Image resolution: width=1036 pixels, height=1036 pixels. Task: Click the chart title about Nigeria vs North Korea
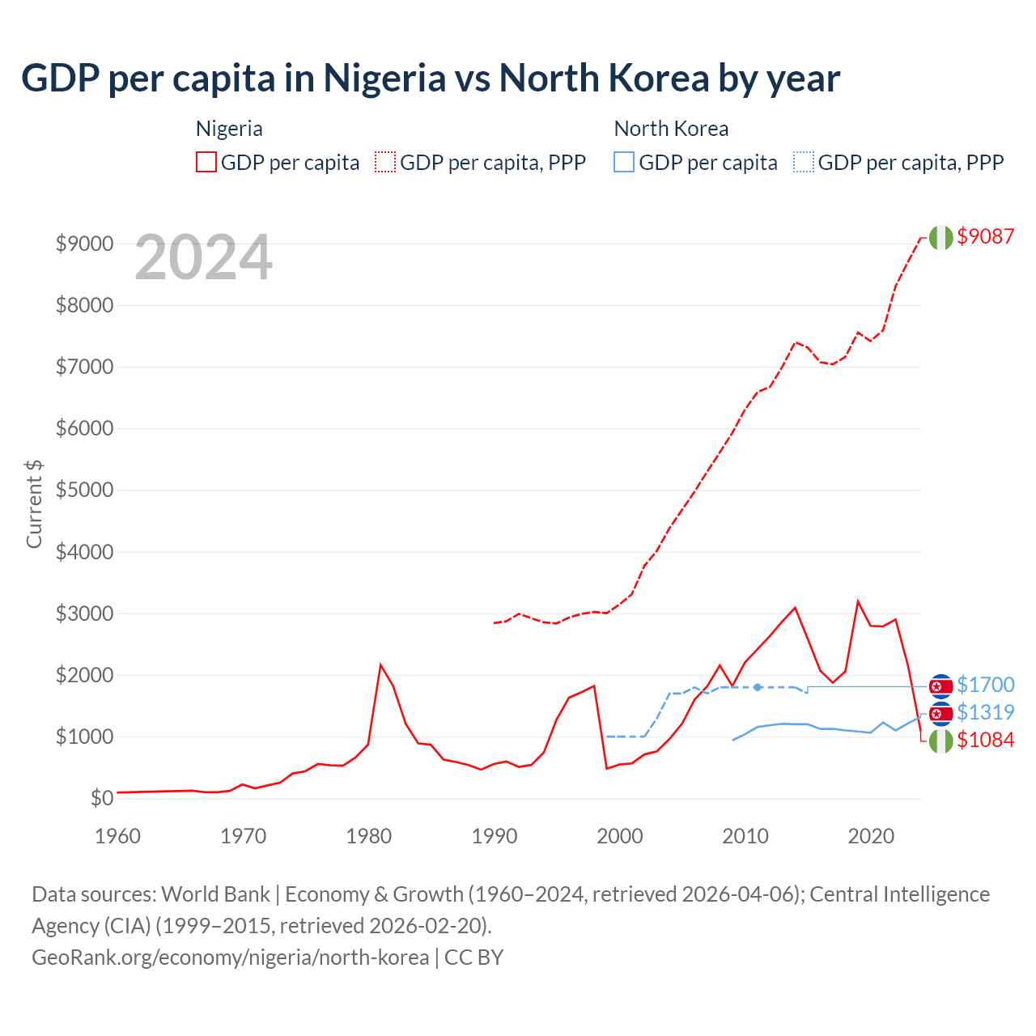coord(431,79)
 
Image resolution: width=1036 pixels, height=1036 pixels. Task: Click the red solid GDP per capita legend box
coord(206,162)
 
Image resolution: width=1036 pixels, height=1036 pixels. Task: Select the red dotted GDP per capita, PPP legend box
coord(385,162)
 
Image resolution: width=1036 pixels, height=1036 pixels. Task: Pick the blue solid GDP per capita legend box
coord(624,162)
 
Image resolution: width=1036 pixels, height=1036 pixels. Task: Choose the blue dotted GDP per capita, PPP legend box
coord(804,162)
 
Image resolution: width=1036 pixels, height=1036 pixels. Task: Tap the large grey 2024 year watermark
coord(204,258)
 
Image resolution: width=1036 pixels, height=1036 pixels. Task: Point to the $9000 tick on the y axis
coord(84,244)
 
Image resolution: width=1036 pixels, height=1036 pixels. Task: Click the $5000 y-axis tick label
coord(84,490)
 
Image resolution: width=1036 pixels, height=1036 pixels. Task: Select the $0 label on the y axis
coord(101,799)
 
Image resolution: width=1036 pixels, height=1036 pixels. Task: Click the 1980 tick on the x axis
coord(369,836)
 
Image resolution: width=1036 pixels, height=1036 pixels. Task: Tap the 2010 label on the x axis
coord(745,836)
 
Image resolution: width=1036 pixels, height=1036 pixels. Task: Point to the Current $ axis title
coord(34,503)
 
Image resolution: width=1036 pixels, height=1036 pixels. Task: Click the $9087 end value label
coord(985,236)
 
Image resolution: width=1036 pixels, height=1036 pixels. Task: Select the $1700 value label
coord(985,685)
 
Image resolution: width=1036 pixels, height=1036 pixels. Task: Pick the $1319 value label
coord(985,712)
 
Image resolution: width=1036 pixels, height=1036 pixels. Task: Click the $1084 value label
coord(985,740)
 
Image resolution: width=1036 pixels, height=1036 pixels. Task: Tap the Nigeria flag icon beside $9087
coord(940,237)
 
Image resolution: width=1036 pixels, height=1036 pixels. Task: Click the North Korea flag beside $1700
coord(940,686)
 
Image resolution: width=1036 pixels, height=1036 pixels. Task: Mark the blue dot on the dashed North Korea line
coord(758,687)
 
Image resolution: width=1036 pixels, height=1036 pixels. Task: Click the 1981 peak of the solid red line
coord(380,665)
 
